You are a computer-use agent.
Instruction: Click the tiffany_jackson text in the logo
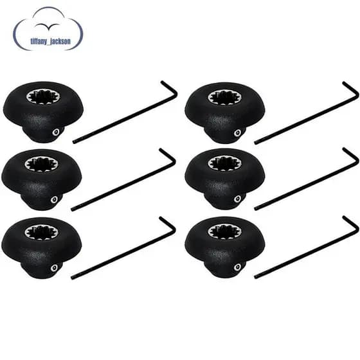(51, 41)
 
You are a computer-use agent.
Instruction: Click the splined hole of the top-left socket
(43, 96)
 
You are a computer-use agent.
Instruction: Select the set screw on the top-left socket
(55, 132)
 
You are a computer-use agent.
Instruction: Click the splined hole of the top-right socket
(225, 98)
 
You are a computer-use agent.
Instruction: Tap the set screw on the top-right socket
(237, 133)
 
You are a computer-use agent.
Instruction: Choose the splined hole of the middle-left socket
(42, 165)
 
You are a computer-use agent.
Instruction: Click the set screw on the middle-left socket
(54, 199)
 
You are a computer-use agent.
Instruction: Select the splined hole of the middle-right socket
(225, 164)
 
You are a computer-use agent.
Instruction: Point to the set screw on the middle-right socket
(237, 199)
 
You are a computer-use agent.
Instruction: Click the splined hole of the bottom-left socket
(42, 233)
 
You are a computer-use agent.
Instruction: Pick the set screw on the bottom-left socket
(54, 267)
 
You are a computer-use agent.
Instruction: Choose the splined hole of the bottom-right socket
(225, 232)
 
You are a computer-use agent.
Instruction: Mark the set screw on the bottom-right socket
(237, 267)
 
